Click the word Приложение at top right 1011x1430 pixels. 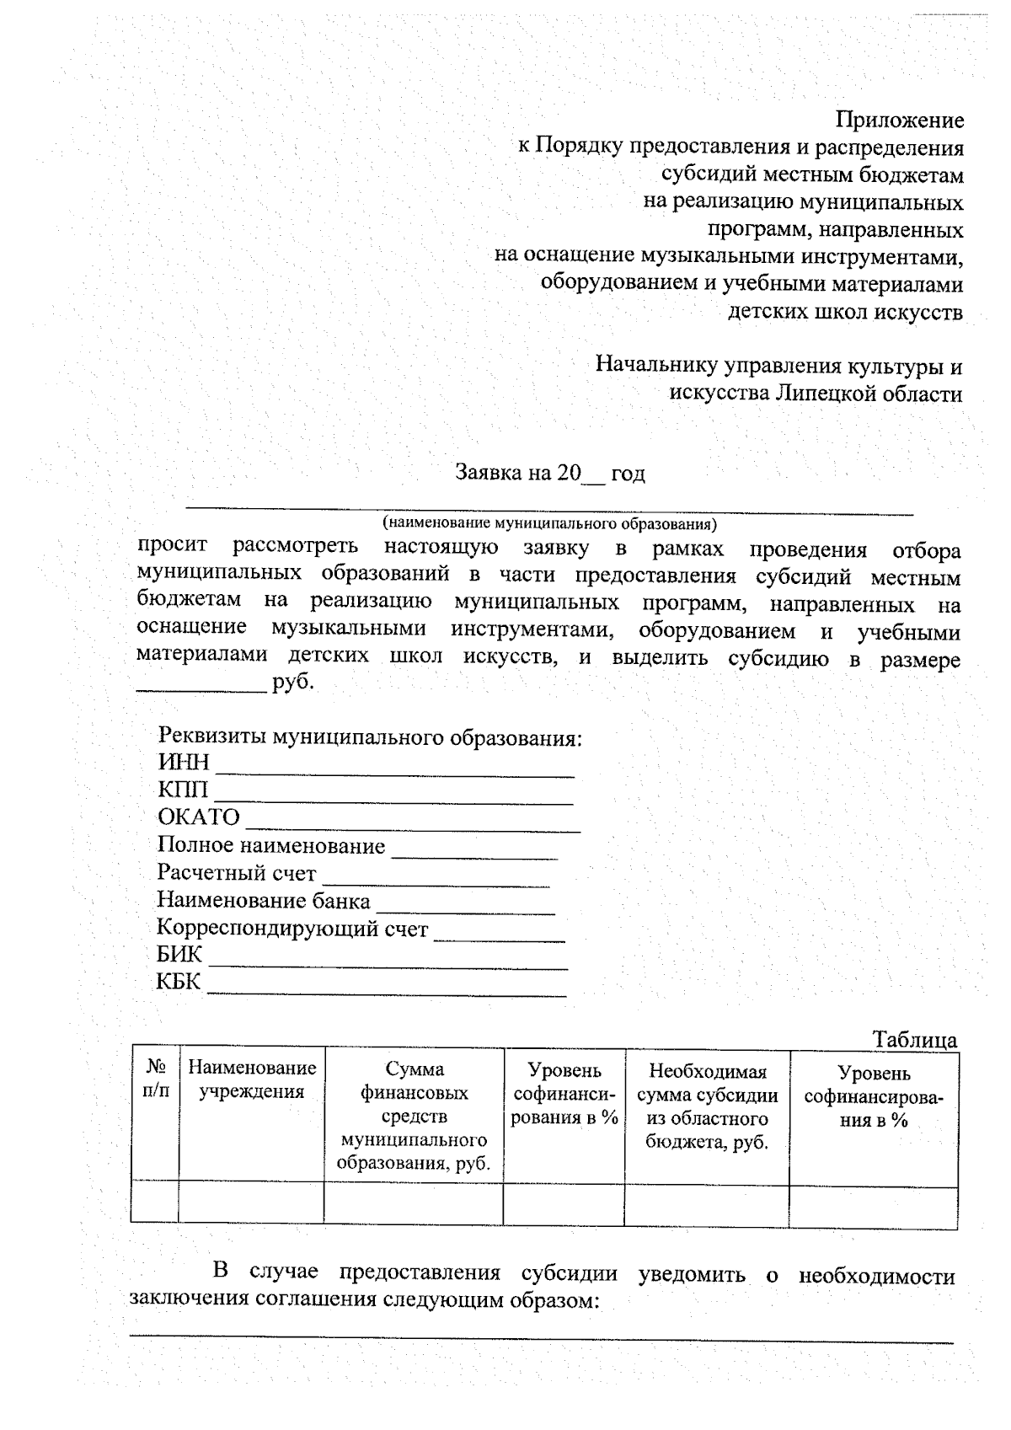point(900,121)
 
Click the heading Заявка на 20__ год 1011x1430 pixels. point(550,473)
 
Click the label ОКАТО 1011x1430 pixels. point(199,817)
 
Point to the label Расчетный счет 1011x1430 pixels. point(237,873)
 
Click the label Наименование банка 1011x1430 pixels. point(263,901)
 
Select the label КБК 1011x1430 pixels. point(179,982)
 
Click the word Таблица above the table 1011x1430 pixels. point(914,1039)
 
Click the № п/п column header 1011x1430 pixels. point(155,1079)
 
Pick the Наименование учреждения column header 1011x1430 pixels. point(251,1080)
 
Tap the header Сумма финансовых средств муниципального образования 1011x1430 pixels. point(414,1116)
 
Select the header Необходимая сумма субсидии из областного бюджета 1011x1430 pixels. point(707,1106)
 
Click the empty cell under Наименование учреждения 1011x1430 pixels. point(251,1202)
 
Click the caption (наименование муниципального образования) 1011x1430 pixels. point(549,523)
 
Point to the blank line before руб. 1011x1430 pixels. point(201,688)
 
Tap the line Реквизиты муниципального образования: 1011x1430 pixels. point(370,738)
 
